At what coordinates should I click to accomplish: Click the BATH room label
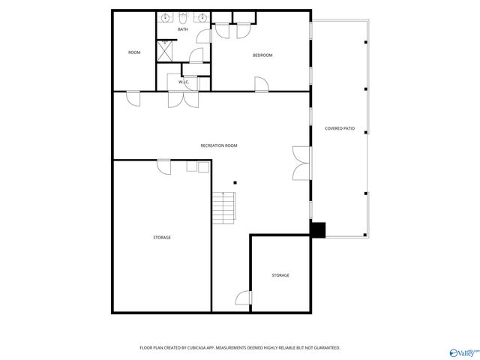click(x=183, y=29)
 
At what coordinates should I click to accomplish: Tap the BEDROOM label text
click(x=262, y=55)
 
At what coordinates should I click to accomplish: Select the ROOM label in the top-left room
click(x=134, y=52)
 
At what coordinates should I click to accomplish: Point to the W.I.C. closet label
click(x=184, y=81)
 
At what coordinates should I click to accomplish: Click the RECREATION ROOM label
click(x=219, y=145)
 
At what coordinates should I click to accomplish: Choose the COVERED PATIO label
click(x=339, y=128)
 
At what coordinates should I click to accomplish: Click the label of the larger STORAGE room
click(x=162, y=238)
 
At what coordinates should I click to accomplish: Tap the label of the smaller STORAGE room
click(x=280, y=275)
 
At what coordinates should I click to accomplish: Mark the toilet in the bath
click(x=183, y=19)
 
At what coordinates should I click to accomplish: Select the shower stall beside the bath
click(x=165, y=50)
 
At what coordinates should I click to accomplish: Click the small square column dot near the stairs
click(x=235, y=182)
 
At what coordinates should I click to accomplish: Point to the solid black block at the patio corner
click(x=318, y=230)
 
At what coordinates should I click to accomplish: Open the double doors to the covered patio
click(x=301, y=163)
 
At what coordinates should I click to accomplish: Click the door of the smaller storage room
click(x=243, y=298)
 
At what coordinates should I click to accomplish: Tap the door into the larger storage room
click(x=164, y=166)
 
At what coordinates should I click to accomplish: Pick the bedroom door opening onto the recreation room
click(x=261, y=85)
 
